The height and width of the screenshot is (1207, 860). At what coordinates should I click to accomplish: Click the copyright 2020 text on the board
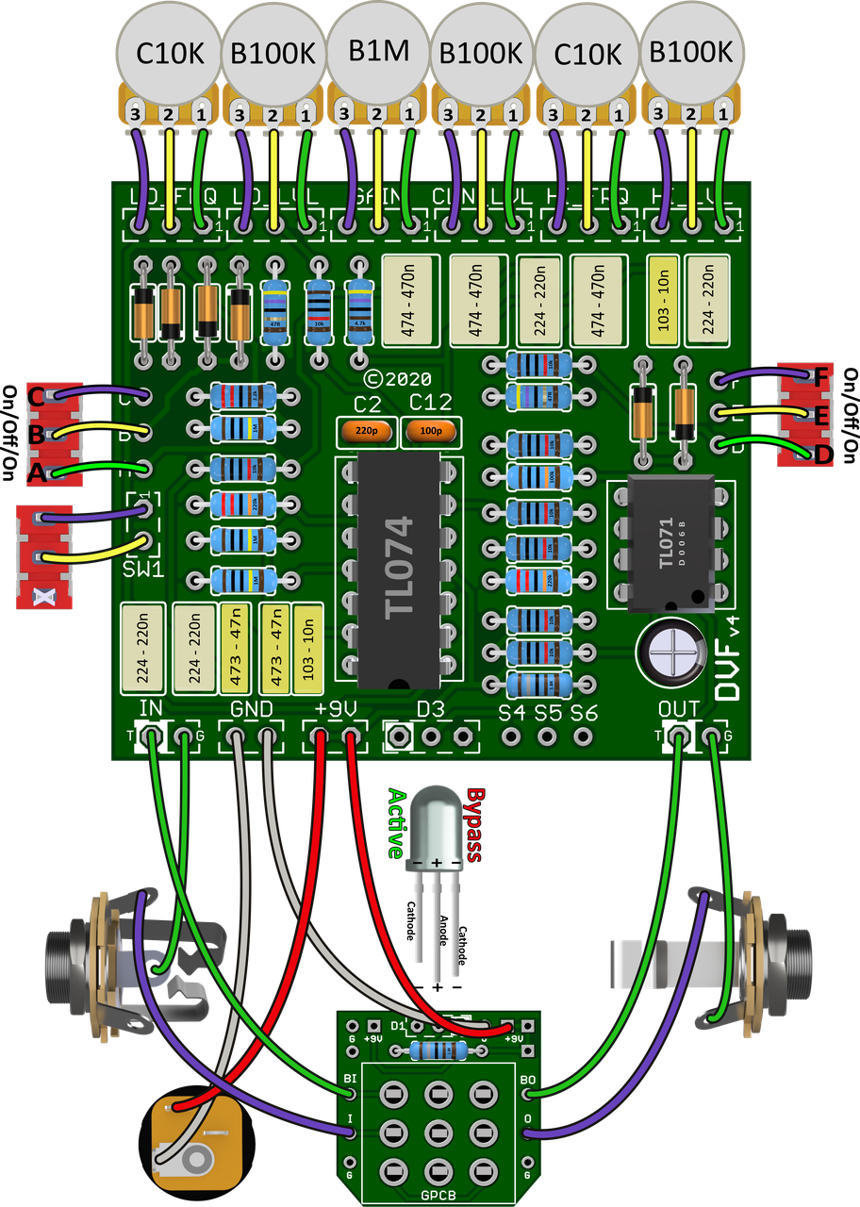(x=398, y=378)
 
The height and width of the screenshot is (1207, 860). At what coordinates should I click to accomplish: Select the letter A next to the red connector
(x=37, y=474)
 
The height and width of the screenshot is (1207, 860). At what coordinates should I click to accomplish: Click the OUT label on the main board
(x=679, y=709)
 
